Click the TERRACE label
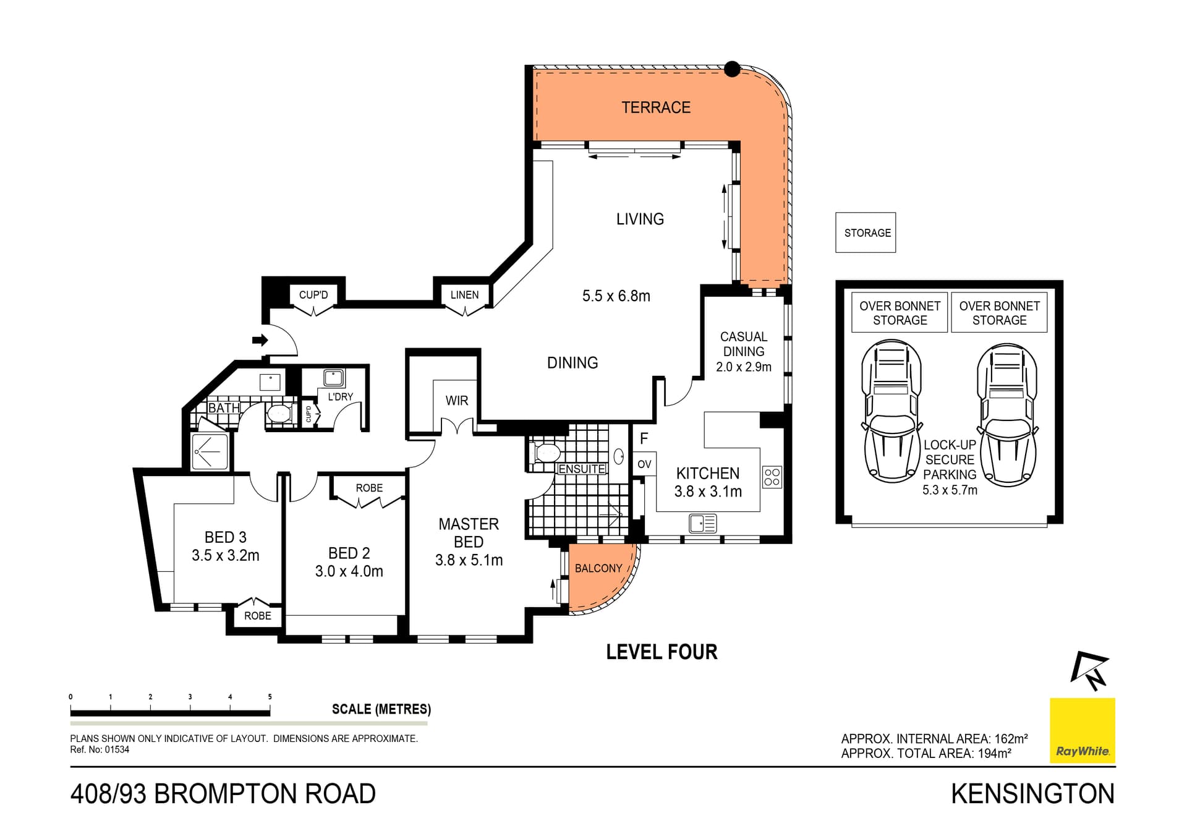[655, 108]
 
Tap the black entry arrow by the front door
[260, 340]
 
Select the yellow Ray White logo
[1082, 730]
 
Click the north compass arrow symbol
[1091, 670]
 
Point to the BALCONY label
[598, 568]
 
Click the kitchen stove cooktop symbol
[772, 477]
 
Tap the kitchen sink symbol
[702, 524]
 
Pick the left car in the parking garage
[891, 411]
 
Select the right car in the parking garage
[1006, 414]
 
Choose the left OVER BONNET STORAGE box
[900, 313]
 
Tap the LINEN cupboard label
[464, 295]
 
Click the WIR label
[456, 401]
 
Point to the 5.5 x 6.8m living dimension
[616, 296]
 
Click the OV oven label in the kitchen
[644, 464]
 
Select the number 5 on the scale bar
[270, 697]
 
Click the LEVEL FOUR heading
[662, 652]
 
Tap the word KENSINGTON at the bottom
[1032, 794]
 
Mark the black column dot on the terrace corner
[732, 69]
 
